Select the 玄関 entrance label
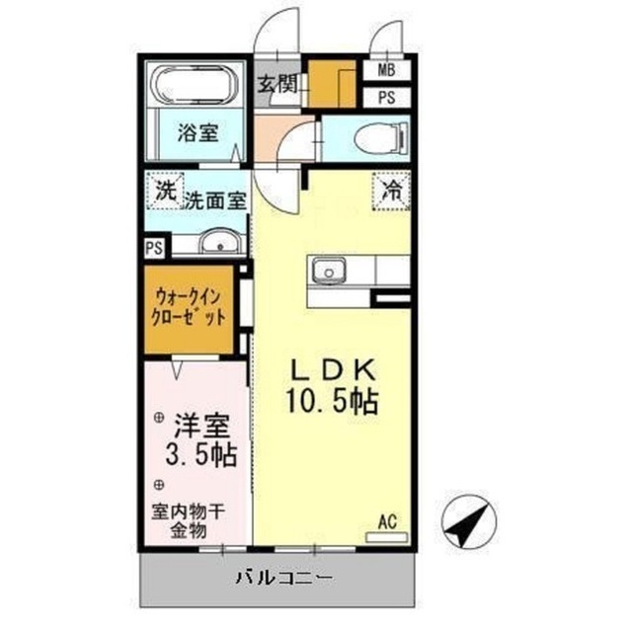pyautogui.click(x=277, y=83)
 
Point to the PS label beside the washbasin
pyautogui.click(x=153, y=248)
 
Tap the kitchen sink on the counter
pyautogui.click(x=328, y=270)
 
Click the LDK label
pyautogui.click(x=332, y=370)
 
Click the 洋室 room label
pyautogui.click(x=202, y=428)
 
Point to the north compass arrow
pyautogui.click(x=464, y=520)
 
